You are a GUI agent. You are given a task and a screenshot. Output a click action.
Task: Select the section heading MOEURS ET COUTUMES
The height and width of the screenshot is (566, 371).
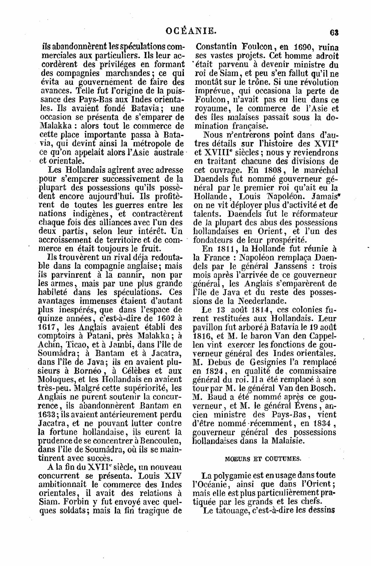263,459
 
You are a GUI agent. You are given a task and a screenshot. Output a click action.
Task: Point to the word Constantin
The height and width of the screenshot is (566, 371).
217,48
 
